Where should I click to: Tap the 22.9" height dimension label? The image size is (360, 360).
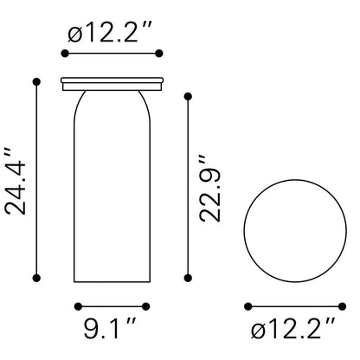[x=210, y=189]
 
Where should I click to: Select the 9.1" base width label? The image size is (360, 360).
[x=110, y=327]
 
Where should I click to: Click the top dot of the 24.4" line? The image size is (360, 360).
[x=36, y=82]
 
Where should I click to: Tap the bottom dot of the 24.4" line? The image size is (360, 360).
[x=36, y=278]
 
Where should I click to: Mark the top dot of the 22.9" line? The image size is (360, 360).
[x=188, y=97]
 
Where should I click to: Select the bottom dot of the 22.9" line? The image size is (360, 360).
[x=188, y=278]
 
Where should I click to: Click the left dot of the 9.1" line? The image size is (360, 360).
[x=78, y=306]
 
